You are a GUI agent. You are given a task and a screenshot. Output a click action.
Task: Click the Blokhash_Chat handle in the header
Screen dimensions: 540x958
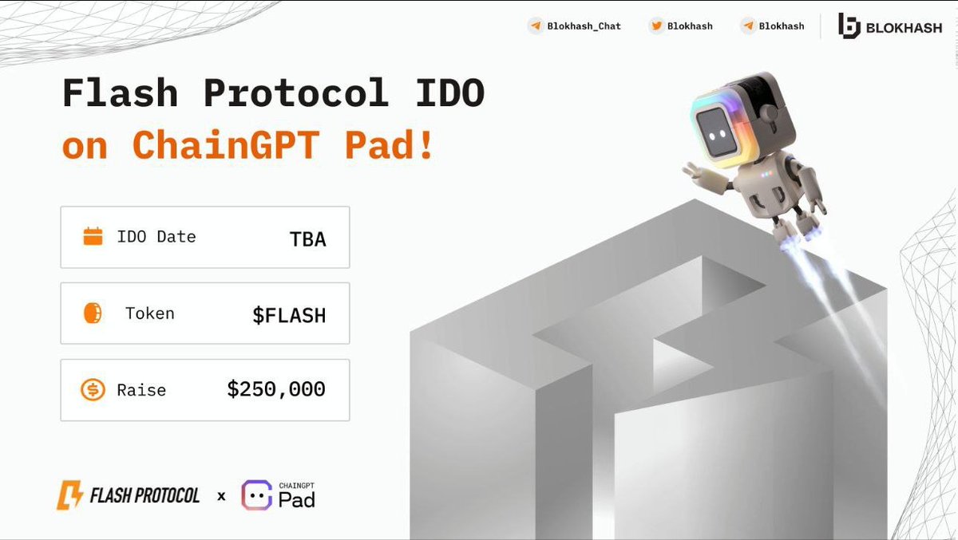point(584,26)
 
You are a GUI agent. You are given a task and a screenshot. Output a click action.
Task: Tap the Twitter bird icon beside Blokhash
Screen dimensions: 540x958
point(657,26)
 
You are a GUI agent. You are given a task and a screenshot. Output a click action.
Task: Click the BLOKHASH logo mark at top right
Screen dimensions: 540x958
point(849,26)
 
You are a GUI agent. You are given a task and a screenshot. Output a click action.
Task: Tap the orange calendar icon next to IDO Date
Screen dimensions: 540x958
point(93,237)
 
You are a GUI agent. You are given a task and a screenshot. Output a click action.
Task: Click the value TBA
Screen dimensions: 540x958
point(307,238)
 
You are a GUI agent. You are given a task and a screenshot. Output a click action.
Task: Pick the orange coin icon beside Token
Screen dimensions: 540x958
point(93,313)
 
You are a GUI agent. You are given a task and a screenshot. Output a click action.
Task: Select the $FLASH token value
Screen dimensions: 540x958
point(289,315)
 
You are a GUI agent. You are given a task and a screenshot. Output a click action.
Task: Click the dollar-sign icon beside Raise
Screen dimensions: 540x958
point(93,390)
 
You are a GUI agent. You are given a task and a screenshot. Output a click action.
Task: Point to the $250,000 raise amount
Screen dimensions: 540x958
point(276,389)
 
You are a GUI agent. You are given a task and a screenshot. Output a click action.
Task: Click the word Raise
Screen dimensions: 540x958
point(141,390)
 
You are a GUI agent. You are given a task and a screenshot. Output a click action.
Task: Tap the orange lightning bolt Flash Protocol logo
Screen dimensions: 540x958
point(69,495)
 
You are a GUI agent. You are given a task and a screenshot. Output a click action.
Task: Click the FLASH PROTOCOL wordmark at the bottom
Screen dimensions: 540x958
point(144,495)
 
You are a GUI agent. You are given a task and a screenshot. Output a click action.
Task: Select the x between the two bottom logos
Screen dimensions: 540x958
point(221,496)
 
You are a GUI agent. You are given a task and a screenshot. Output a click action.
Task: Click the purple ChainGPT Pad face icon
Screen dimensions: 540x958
point(257,495)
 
